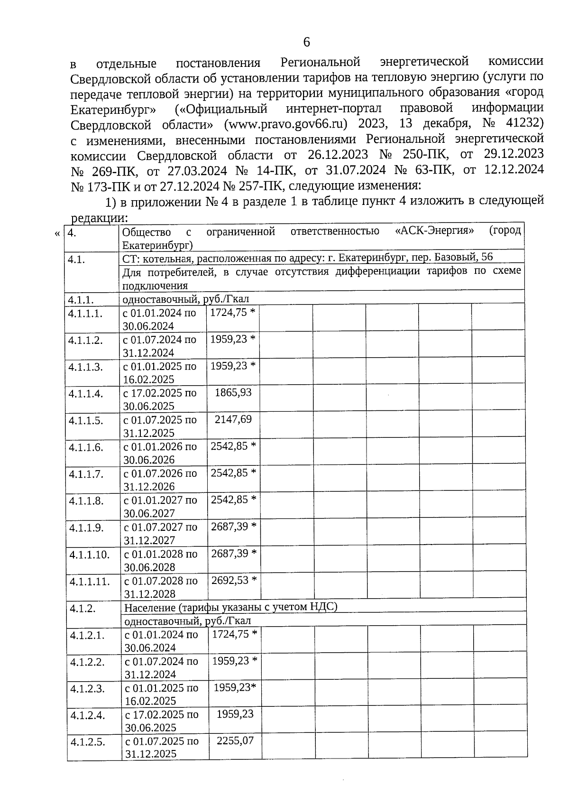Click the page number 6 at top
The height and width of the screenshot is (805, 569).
coord(306,42)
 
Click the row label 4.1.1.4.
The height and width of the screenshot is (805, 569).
coord(85,394)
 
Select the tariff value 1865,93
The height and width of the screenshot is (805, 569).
coord(233,392)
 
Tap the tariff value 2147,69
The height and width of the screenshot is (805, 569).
coord(233,419)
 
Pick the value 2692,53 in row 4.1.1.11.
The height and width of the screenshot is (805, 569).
coord(230,580)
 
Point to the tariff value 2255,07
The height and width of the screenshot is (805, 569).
coord(235,740)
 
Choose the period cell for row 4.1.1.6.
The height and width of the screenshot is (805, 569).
coord(160,453)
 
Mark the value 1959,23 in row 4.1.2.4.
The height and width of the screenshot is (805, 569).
coord(235,713)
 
